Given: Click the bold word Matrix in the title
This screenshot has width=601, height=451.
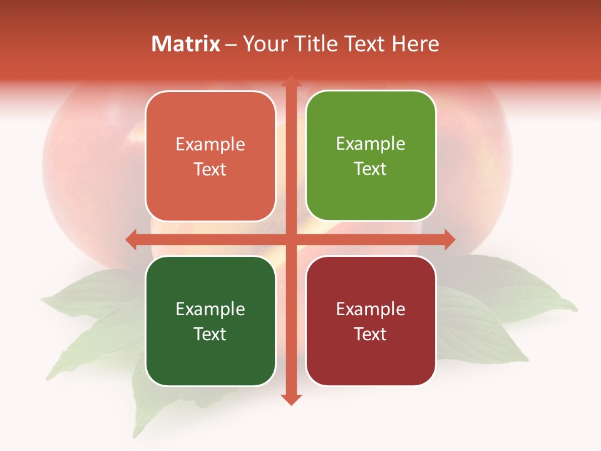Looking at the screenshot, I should tap(186, 44).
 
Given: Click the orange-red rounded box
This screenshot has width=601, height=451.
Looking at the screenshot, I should tap(210, 157).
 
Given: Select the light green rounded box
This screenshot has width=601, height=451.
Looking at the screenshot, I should tap(371, 156).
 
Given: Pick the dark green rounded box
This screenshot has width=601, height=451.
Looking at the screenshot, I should tap(210, 321).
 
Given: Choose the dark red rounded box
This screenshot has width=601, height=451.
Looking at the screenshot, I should tap(371, 321).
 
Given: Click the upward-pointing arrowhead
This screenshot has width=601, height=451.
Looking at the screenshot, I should tap(291, 82).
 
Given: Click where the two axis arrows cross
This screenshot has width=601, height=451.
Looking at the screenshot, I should tap(291, 239).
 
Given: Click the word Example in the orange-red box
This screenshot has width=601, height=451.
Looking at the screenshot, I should tap(210, 145).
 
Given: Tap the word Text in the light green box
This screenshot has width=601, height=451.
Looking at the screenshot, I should tap(371, 169).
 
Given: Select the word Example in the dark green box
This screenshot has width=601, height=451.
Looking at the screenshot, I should tap(210, 309).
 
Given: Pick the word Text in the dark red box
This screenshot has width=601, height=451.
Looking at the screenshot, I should tap(371, 334).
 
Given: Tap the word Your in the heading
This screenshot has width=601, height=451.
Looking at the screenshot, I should tap(264, 44).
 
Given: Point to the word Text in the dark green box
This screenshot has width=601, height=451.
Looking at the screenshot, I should tap(210, 334).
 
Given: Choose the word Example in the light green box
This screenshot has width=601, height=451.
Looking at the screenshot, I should tap(371, 144).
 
